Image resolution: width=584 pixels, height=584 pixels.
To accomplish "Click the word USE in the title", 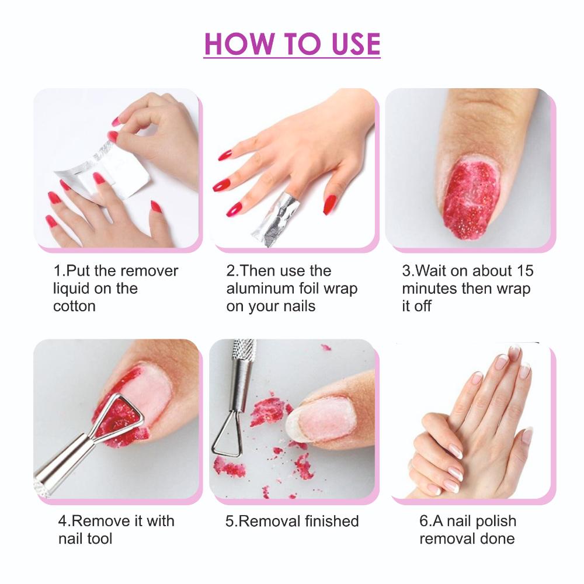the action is point(356,44).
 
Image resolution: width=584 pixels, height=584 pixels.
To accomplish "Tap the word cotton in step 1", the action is point(75,306).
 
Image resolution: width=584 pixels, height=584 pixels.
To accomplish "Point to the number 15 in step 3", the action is point(525,271).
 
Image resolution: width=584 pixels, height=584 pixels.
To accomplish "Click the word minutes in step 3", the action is point(430,288).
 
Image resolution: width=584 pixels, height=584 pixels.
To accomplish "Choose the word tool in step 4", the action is point(99,538).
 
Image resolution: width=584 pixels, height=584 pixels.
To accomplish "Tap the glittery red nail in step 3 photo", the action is point(470,199).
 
